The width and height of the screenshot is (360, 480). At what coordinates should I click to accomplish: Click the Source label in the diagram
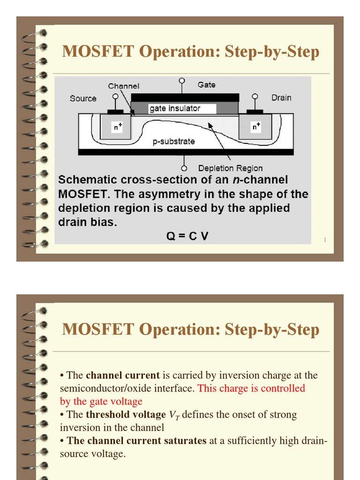tap(83, 98)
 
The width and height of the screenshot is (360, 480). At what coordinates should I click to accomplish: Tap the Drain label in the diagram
tap(281, 98)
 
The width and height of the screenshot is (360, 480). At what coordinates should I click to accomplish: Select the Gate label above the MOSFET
tap(206, 85)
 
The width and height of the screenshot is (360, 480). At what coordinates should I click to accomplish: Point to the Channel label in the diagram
tap(124, 86)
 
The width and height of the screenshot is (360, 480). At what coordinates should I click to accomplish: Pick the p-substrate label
tap(173, 141)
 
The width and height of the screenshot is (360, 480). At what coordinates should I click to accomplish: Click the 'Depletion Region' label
tap(230, 168)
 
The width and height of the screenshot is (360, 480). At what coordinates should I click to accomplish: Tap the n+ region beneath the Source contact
tap(116, 127)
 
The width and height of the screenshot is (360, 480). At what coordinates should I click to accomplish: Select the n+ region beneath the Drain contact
tap(255, 127)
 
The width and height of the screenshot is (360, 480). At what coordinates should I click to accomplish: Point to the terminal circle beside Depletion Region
tap(184, 168)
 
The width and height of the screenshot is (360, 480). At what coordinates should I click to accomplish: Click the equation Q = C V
tap(187, 236)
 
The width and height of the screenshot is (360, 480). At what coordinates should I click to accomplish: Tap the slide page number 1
tap(324, 240)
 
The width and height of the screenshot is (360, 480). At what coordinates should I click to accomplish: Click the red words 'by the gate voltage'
tap(101, 402)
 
